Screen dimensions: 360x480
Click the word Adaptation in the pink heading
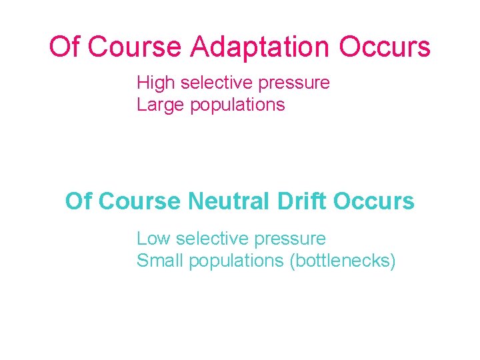(x=260, y=47)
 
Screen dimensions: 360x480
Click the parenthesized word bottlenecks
(x=343, y=261)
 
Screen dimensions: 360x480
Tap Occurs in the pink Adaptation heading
(x=385, y=47)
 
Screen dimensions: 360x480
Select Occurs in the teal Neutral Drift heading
(x=374, y=201)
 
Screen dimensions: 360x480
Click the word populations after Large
(x=237, y=105)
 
